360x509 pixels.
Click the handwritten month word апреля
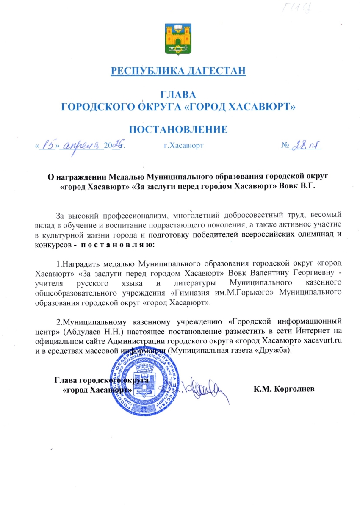pyautogui.click(x=83, y=145)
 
